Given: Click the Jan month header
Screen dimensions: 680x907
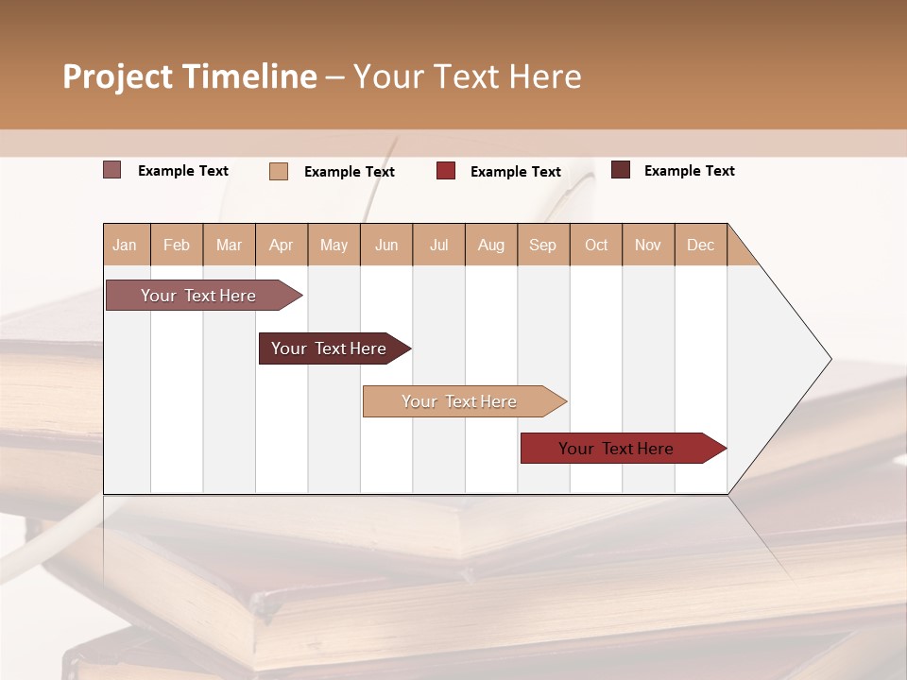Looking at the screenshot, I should tap(126, 245).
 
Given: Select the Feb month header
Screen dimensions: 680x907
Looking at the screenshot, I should tap(177, 245).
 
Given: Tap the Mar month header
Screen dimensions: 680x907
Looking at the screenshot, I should tap(229, 245).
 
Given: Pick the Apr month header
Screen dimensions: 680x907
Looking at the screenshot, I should tap(282, 245).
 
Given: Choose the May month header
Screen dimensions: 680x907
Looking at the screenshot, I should tap(334, 245).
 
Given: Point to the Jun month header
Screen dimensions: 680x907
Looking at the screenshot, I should tap(386, 245).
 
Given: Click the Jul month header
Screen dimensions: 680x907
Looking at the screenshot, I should tap(438, 245).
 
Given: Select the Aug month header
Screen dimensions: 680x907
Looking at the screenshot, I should tap(491, 245).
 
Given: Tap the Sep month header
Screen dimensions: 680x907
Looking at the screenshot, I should tap(543, 245).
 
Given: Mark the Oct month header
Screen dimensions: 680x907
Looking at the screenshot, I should tap(596, 245).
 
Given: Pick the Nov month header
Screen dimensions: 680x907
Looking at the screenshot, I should tap(648, 245).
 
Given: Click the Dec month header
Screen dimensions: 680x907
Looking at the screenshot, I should tap(701, 245).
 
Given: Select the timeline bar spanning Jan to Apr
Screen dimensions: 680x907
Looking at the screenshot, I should tap(199, 296).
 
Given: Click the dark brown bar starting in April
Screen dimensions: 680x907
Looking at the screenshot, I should tap(330, 348).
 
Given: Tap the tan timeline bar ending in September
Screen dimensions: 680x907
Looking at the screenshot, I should tap(460, 401).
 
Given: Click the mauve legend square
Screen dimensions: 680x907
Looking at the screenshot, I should tap(112, 170).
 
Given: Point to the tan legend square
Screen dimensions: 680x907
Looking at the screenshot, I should tap(279, 171).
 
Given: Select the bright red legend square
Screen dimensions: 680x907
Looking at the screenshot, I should tap(446, 171).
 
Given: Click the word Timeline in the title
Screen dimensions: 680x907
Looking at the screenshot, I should tap(248, 76).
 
